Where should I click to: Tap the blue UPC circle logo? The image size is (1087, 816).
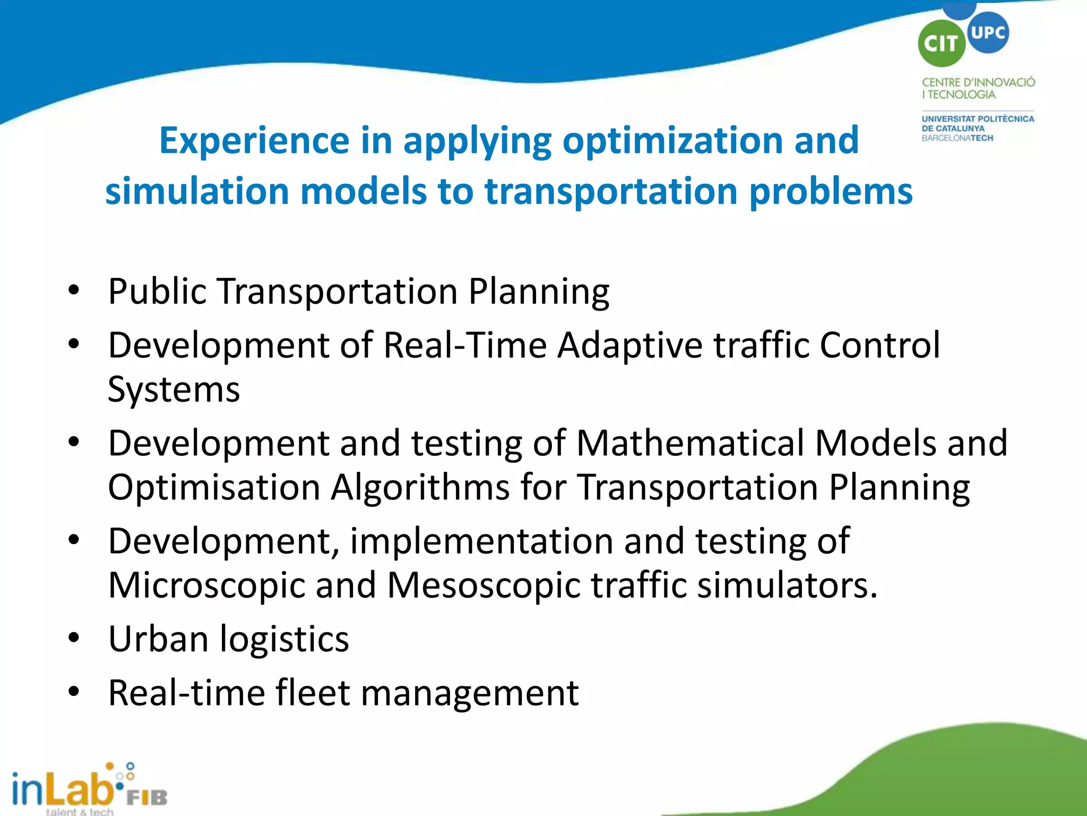[x=988, y=33]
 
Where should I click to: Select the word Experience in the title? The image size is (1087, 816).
[x=254, y=140]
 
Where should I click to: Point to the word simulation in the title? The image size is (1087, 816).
[x=197, y=191]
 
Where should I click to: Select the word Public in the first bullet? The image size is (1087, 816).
[x=157, y=292]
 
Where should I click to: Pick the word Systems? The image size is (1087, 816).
[x=174, y=390]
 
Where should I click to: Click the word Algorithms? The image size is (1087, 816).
[x=420, y=487]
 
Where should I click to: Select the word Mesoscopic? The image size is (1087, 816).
[x=484, y=585]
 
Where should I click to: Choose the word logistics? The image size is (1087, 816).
[x=284, y=639]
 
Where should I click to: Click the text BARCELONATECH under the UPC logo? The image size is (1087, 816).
[x=957, y=138]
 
